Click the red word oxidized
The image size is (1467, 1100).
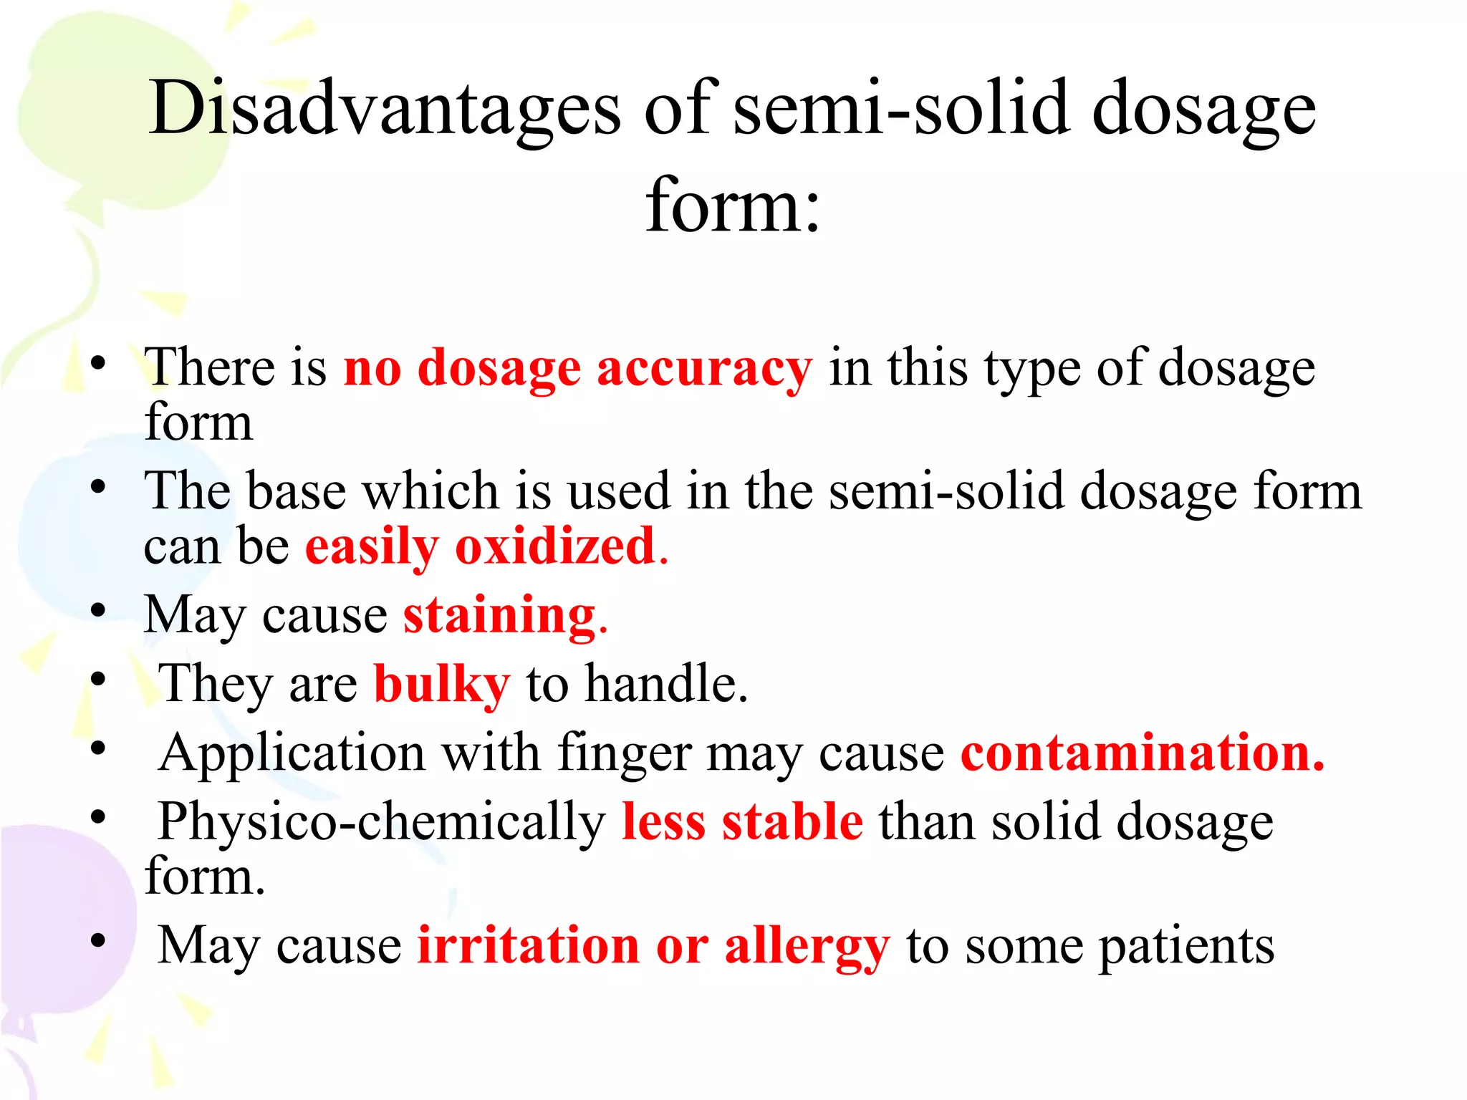click(556, 547)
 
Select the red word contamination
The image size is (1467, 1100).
click(1142, 753)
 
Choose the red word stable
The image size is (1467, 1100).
click(792, 822)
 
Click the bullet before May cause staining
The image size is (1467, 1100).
click(98, 611)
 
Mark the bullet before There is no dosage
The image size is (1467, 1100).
click(98, 363)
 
